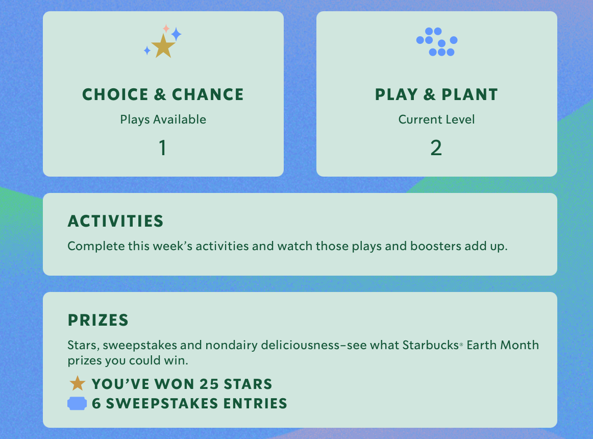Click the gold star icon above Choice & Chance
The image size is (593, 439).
point(163,46)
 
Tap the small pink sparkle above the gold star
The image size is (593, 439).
point(166,29)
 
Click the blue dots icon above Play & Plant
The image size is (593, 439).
point(437,42)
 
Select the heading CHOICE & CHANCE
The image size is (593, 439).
point(163,94)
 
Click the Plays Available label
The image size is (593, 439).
point(163,119)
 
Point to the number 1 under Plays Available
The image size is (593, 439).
point(163,148)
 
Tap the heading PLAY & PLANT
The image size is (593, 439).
point(436,94)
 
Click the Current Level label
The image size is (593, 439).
point(436,119)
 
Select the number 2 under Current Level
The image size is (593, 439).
point(436,148)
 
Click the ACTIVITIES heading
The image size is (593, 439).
point(115,222)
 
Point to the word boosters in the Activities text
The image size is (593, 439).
point(436,246)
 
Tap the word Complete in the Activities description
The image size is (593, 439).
point(96,247)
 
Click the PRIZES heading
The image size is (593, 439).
point(98,320)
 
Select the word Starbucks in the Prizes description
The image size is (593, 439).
point(430,345)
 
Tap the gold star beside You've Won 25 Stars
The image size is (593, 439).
point(78,383)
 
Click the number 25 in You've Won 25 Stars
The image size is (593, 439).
point(209,384)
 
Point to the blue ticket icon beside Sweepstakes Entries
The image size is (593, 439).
point(77,403)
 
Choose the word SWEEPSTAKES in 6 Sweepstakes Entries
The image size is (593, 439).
point(162,404)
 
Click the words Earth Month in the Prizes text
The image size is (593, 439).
point(503,345)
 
